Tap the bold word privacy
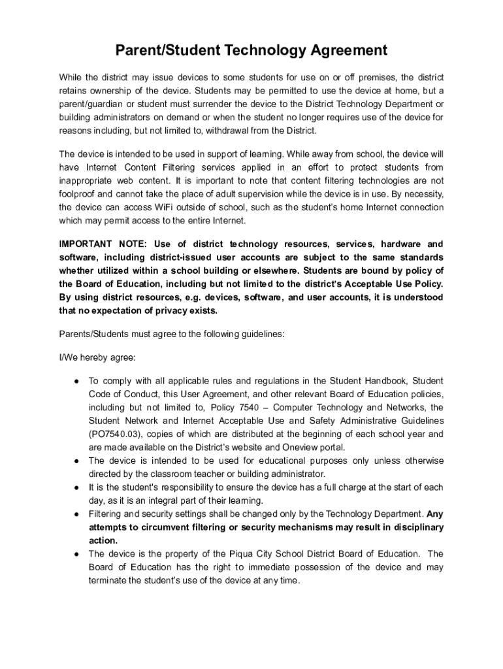pyautogui.click(x=168, y=310)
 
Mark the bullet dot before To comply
pyautogui.click(x=76, y=381)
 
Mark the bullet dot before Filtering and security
pyautogui.click(x=76, y=514)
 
